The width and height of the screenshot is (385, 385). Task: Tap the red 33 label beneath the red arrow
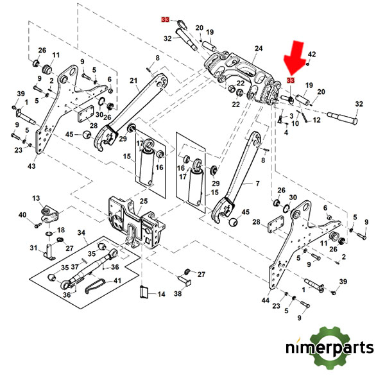(291, 81)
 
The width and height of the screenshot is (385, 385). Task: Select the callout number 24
(259, 49)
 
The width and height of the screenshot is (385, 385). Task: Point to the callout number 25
(144, 201)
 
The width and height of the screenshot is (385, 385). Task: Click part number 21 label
(133, 80)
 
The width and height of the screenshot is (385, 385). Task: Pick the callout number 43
(31, 167)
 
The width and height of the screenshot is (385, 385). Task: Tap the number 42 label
(312, 55)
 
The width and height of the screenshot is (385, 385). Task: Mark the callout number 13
(36, 199)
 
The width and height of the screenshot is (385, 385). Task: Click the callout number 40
(22, 215)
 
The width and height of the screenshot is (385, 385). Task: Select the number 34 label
(81, 232)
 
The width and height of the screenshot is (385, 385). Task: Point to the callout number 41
(117, 280)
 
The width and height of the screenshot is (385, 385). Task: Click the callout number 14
(161, 294)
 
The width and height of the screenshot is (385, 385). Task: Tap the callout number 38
(178, 293)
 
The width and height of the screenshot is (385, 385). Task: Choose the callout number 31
(33, 248)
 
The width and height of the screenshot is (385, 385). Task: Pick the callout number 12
(316, 119)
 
